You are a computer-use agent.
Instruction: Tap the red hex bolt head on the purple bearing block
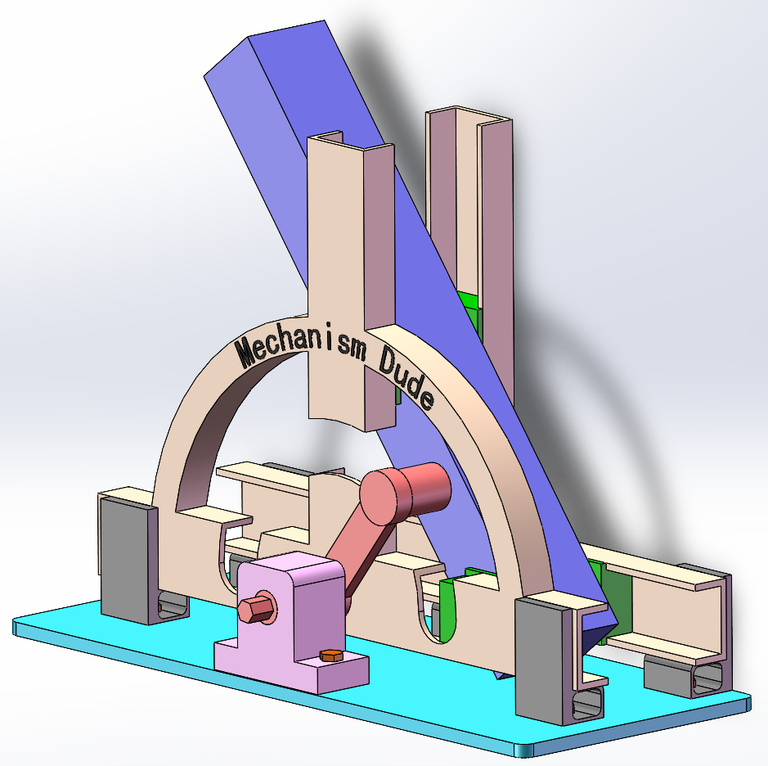pyautogui.click(x=256, y=611)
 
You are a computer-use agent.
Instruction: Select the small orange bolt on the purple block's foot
pyautogui.click(x=330, y=656)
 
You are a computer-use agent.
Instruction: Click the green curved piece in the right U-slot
pyautogui.click(x=447, y=610)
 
